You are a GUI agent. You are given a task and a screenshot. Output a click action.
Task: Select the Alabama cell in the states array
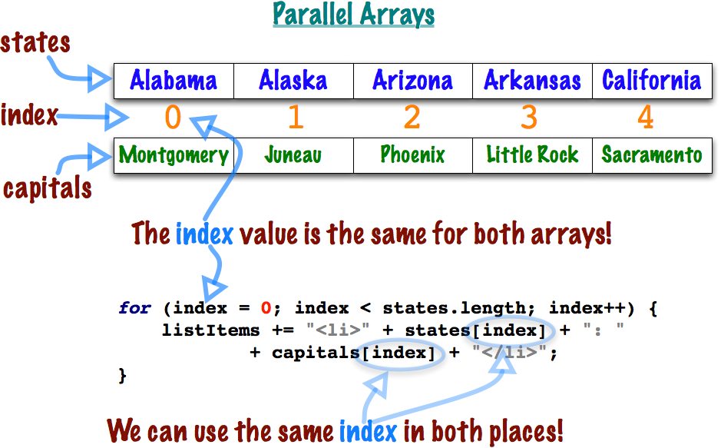(x=174, y=81)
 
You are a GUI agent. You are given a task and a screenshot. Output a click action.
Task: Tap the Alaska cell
(x=293, y=81)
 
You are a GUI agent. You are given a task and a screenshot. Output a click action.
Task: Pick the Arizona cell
(x=412, y=81)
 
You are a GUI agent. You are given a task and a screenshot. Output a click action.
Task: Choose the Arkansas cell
(x=532, y=81)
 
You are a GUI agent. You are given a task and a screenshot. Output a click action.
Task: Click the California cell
(x=651, y=81)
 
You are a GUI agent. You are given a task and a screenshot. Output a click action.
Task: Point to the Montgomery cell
(x=174, y=155)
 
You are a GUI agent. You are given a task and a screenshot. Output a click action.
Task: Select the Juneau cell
(x=293, y=155)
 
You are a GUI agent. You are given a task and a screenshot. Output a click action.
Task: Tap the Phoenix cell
(x=412, y=155)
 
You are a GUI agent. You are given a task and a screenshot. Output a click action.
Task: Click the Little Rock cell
(x=532, y=155)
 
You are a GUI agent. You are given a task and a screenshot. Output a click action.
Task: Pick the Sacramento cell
(x=651, y=155)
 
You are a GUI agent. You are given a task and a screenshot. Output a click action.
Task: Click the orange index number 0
(x=173, y=118)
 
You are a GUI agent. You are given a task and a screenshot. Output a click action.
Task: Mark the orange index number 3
(x=528, y=118)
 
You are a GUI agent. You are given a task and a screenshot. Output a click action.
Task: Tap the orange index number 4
(x=646, y=118)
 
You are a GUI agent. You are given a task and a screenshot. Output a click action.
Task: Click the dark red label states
(x=35, y=43)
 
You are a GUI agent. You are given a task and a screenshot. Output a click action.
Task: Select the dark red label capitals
(x=48, y=188)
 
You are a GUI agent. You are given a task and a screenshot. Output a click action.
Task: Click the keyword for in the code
(x=134, y=309)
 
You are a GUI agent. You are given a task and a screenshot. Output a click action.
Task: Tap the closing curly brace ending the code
(x=122, y=376)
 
